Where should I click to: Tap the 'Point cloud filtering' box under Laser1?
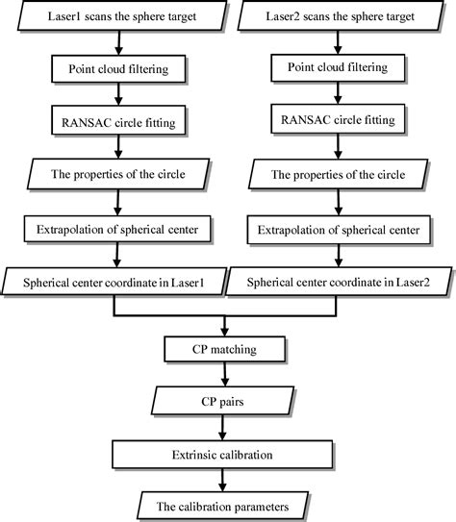click(116, 71)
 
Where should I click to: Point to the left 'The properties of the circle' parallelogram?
click(116, 176)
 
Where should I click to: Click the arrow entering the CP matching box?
click(224, 322)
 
